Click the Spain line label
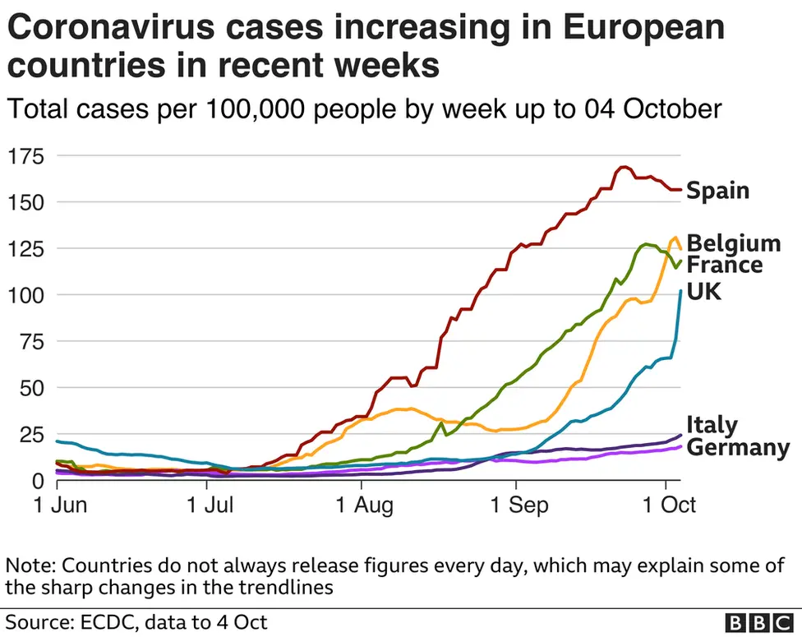coord(717,191)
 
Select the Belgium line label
coord(733,243)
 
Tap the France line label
coord(724,265)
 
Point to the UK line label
coord(703,291)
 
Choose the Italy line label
coord(712,425)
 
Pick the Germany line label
coord(737,447)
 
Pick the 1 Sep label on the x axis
coord(515,504)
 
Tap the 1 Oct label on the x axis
coord(665,504)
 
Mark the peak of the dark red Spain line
coord(623,167)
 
